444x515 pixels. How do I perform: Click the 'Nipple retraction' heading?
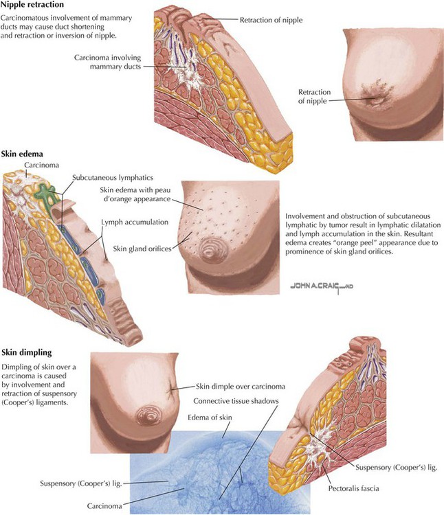pos(32,5)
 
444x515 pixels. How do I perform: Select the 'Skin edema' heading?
pos(22,154)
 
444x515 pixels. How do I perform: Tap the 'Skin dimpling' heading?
pos(27,352)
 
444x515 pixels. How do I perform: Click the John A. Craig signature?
pos(322,286)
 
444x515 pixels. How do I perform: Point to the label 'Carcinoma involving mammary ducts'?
pos(107,62)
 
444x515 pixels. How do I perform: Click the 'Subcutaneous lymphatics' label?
pos(113,178)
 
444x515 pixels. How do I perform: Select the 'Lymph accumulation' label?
pos(135,222)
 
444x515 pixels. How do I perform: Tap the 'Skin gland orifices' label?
pos(142,249)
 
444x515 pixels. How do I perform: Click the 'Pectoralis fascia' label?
pos(354,488)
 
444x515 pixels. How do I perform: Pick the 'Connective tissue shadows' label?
pos(236,401)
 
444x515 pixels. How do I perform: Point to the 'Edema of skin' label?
pos(210,417)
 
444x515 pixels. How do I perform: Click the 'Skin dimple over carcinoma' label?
pos(241,387)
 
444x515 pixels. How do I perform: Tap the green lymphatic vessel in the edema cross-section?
pos(44,193)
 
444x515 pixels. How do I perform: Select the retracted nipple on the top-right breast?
pos(376,99)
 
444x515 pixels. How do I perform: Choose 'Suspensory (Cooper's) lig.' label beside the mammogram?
pos(81,483)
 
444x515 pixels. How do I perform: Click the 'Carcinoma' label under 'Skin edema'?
pos(41,165)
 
